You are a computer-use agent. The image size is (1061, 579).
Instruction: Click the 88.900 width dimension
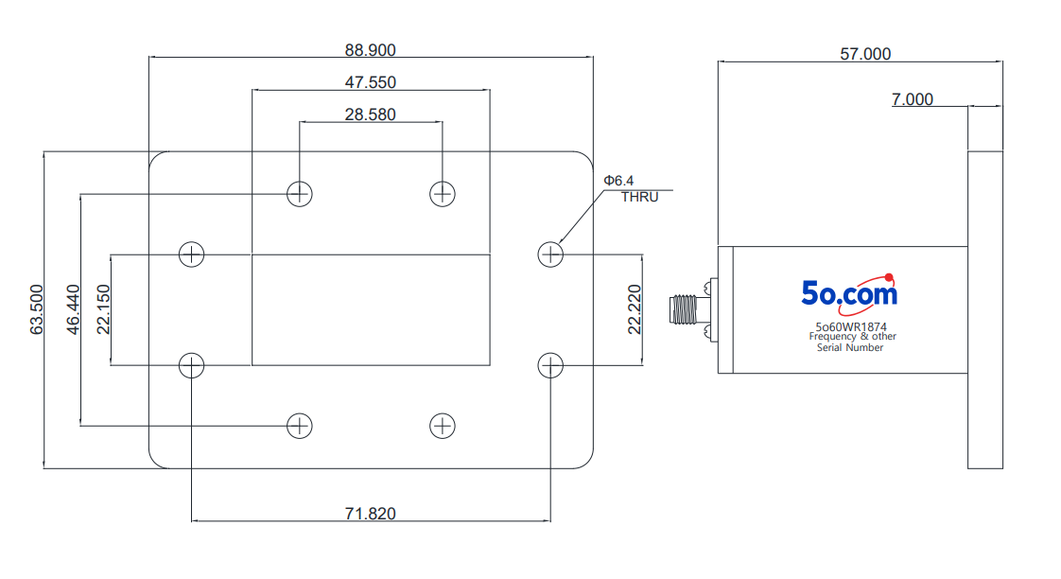(x=370, y=50)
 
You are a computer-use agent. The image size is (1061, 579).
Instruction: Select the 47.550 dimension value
(x=370, y=82)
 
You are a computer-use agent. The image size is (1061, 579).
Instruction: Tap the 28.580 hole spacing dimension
(x=370, y=114)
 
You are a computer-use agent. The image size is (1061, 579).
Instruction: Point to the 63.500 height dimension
(x=37, y=309)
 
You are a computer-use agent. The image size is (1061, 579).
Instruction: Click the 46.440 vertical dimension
(x=73, y=309)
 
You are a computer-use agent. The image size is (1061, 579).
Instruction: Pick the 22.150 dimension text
(x=103, y=309)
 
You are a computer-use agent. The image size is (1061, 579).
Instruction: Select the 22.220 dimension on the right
(x=634, y=309)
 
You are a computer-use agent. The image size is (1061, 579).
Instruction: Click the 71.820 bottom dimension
(x=370, y=514)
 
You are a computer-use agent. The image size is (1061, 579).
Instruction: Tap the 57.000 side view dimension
(x=865, y=54)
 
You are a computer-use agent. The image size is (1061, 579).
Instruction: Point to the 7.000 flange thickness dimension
(x=913, y=99)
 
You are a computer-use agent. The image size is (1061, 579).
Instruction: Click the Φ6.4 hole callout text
(x=618, y=181)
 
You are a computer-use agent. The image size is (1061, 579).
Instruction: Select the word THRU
(x=639, y=197)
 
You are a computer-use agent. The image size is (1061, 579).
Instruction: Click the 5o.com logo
(x=850, y=294)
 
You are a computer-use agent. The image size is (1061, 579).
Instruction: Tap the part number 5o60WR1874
(x=850, y=326)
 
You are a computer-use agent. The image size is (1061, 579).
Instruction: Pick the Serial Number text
(x=850, y=347)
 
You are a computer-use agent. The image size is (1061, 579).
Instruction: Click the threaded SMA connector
(x=684, y=309)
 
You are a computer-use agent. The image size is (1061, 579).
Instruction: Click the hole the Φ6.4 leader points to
(x=550, y=254)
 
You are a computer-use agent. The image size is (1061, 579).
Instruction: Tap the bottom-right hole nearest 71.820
(x=550, y=366)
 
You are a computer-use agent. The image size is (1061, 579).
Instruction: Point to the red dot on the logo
(x=889, y=277)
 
